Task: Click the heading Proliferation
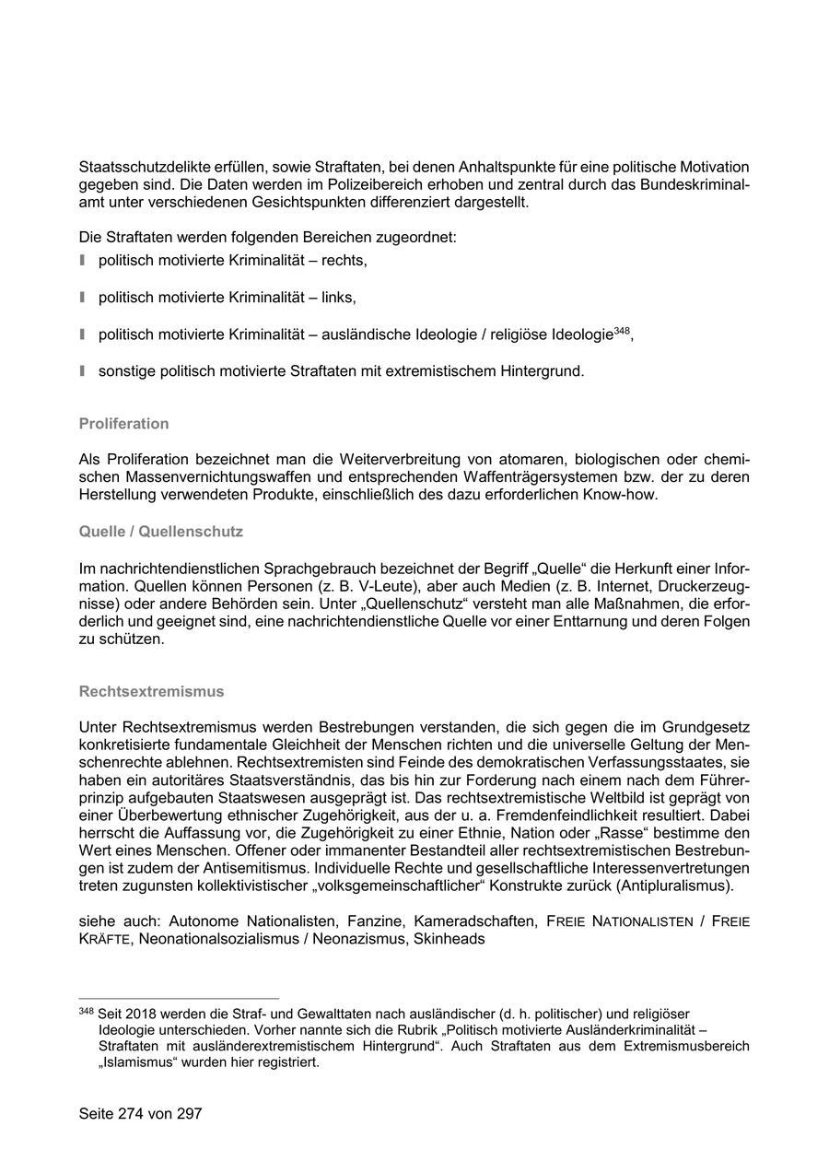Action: point(123,424)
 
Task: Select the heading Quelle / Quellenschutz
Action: point(160,532)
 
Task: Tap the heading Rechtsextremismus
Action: point(151,691)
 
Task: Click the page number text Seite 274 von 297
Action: point(140,1113)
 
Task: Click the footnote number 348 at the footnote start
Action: point(87,1011)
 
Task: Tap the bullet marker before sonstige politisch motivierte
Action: point(82,370)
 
